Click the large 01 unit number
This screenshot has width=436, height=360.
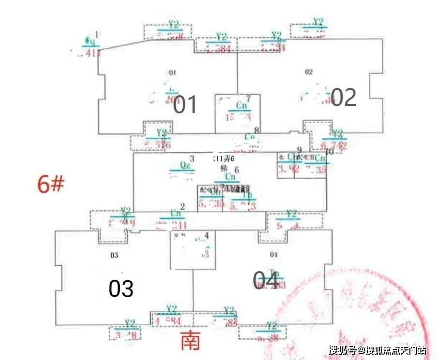click(x=185, y=104)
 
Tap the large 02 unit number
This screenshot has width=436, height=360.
click(x=344, y=98)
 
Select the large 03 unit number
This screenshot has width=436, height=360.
click(x=120, y=289)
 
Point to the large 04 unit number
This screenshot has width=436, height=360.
click(x=266, y=280)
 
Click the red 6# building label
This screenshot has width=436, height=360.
click(x=51, y=185)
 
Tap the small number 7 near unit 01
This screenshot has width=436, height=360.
click(x=248, y=99)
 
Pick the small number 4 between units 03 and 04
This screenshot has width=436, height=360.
click(x=206, y=236)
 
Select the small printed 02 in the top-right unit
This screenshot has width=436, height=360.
click(x=309, y=72)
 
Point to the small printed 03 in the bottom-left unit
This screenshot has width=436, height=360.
click(x=114, y=255)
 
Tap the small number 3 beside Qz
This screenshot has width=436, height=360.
click(x=192, y=158)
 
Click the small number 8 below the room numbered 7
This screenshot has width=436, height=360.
click(x=257, y=130)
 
